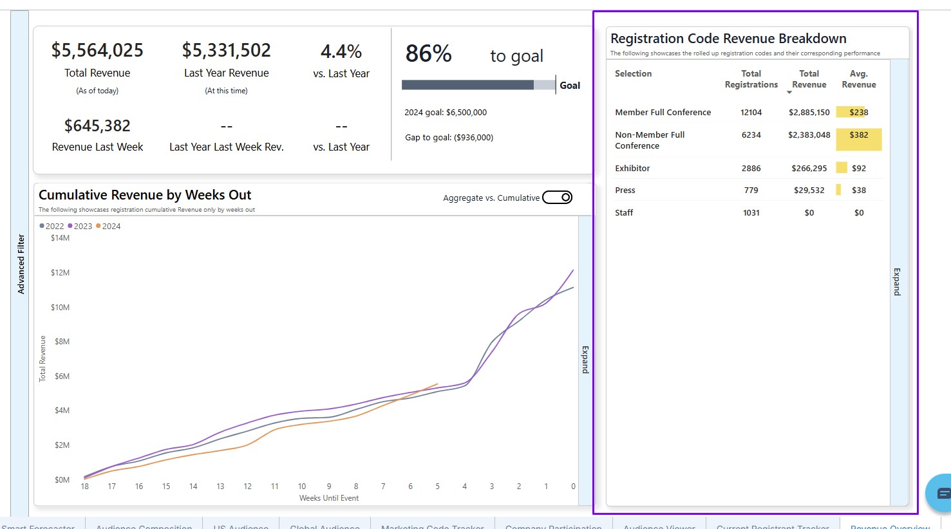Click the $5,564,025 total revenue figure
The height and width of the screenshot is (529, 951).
click(97, 50)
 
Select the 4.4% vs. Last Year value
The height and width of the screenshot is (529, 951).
click(341, 51)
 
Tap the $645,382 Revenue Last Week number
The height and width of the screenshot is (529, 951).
click(97, 125)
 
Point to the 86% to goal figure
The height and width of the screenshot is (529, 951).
click(429, 54)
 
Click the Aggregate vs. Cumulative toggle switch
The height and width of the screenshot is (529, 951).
click(557, 198)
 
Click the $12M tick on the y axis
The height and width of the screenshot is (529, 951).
click(60, 273)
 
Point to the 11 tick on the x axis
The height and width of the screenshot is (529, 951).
click(275, 487)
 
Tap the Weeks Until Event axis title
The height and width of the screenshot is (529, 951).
click(329, 498)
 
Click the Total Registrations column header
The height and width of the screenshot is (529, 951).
click(751, 79)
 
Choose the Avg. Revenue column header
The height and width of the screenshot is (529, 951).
click(859, 79)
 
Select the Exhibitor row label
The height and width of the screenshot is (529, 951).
click(632, 169)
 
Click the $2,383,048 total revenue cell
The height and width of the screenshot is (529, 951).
click(809, 135)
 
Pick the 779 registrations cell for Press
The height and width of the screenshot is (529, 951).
click(751, 190)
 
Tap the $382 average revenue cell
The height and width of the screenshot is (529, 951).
click(859, 135)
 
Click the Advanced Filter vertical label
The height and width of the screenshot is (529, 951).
click(21, 264)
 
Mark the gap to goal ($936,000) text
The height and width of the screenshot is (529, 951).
click(449, 138)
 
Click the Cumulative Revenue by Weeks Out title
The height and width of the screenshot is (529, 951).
click(145, 195)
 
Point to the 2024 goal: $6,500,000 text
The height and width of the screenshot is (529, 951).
click(446, 113)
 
